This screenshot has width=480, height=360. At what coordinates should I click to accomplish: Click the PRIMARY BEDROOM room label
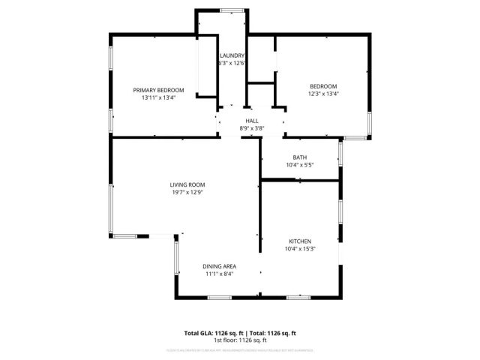point(158,90)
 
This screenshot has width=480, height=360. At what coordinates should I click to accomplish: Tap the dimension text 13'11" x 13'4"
point(158,97)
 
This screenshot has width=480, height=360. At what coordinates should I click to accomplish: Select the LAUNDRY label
point(232,55)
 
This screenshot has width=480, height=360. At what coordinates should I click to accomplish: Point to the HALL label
point(252,121)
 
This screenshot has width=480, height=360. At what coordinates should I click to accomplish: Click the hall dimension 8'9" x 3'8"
point(252,128)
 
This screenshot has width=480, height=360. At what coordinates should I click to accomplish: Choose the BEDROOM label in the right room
point(323,86)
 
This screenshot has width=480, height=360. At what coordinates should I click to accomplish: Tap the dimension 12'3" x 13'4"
point(323,94)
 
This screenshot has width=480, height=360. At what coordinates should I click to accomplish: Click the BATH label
point(299,157)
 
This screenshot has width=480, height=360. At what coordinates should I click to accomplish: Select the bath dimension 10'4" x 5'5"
point(299,165)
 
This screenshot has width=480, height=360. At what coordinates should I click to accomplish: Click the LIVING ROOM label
point(187,184)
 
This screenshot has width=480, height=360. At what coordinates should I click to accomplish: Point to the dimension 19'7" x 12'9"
point(187,192)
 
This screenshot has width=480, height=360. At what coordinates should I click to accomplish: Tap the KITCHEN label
point(300,241)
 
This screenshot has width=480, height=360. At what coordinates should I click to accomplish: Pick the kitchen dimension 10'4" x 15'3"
point(300,249)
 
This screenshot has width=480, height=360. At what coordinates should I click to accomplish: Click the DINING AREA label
point(220,266)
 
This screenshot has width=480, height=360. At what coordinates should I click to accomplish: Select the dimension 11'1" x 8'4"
point(220,274)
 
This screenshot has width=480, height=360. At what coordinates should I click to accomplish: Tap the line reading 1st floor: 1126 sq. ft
point(240,340)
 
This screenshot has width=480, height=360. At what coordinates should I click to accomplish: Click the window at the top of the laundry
point(232,10)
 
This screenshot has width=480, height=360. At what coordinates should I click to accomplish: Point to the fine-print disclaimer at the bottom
point(240,349)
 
